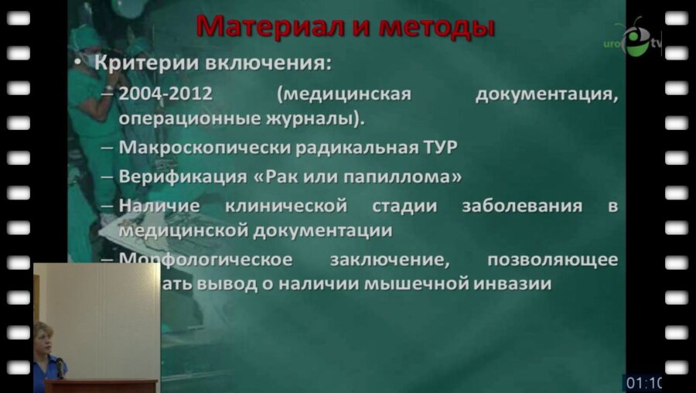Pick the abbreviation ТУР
click(438, 147)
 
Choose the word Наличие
click(160, 207)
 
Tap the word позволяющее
click(552, 258)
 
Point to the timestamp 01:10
click(643, 382)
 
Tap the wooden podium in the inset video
click(101, 385)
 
